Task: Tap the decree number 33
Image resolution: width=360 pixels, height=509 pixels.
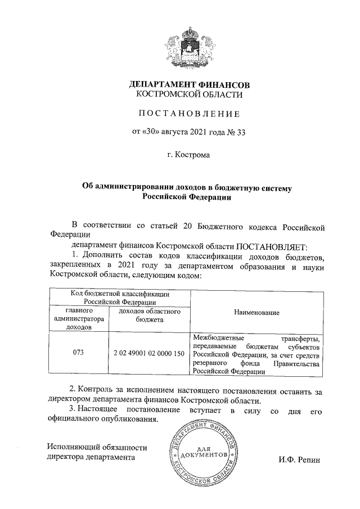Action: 241,133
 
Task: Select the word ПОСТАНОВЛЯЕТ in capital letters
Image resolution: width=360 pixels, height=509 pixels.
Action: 271,246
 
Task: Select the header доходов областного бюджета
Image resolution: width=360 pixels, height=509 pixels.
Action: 148,315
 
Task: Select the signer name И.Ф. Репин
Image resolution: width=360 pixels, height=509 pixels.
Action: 298,460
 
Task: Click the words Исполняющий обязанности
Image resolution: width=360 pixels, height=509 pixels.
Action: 97,448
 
